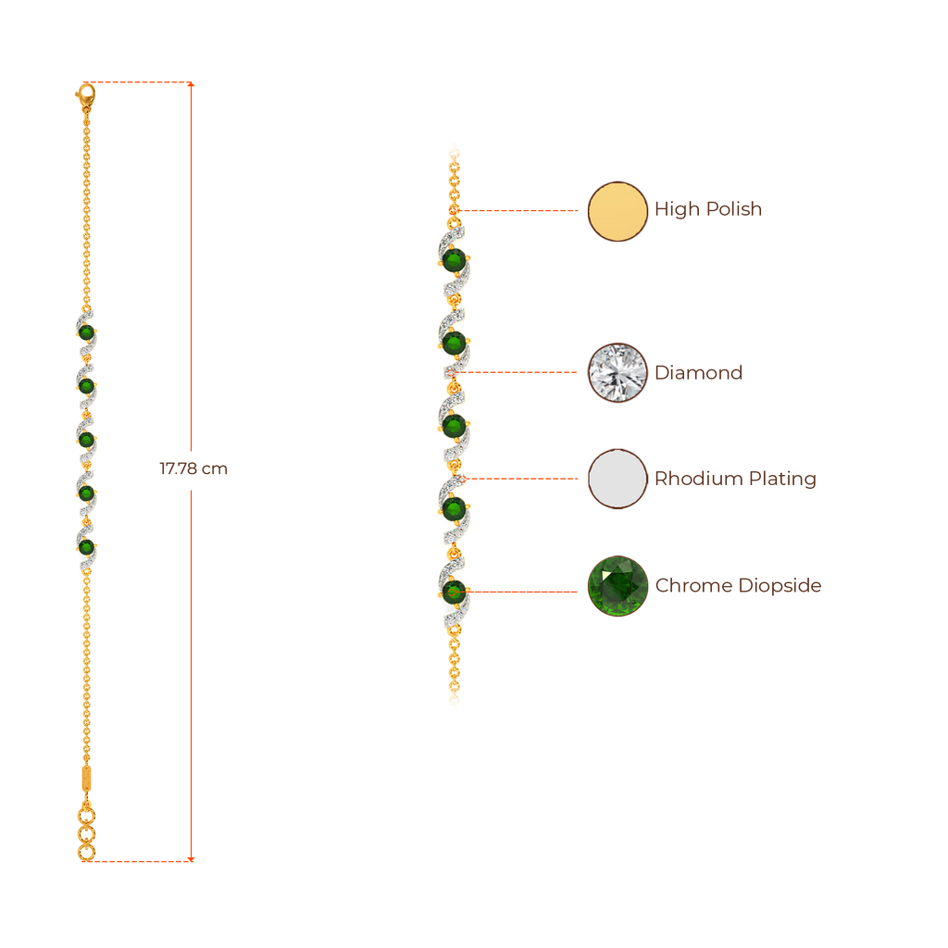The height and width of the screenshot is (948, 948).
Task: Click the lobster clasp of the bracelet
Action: point(84,94)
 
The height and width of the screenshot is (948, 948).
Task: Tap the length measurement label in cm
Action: point(193,469)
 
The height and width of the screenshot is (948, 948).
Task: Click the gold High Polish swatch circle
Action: point(617,211)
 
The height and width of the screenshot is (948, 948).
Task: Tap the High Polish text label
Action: point(708,209)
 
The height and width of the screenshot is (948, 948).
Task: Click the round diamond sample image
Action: point(617,373)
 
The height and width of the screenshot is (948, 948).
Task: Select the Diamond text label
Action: point(698,373)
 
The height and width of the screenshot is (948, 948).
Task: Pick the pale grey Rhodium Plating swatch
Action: point(617,479)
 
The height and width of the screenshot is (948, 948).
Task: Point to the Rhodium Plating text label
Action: point(735,479)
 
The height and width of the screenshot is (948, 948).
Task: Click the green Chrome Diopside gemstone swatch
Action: point(617,586)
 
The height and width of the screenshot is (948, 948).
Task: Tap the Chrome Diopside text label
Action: point(738,586)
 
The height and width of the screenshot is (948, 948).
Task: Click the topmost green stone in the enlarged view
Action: point(454,260)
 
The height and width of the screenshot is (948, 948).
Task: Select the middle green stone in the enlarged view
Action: point(454,426)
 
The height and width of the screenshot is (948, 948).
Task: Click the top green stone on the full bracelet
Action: point(86,331)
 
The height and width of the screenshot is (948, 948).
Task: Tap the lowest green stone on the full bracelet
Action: point(86,547)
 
